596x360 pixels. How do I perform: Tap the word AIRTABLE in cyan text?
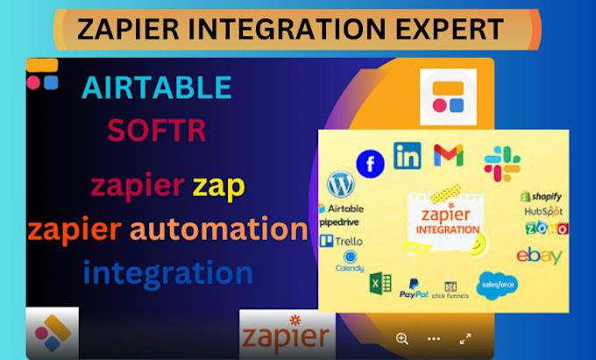pos(157,88)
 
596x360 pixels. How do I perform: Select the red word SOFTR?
pos(157,131)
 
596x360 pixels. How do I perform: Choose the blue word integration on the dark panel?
pos(168,272)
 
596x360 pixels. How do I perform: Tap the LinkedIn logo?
pos(408,155)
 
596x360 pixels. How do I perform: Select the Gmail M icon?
pos(449,155)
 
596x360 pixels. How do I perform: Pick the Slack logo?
pos(502,164)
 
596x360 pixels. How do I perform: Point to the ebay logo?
pos(539,256)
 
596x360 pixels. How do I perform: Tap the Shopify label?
pos(541,196)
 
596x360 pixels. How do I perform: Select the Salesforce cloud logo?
pos(498,284)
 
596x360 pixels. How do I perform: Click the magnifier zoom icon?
pos(402,338)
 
